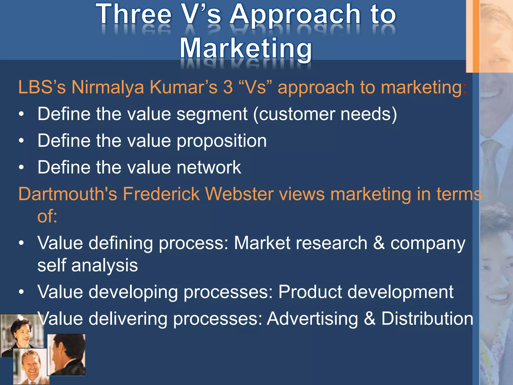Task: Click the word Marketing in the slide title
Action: [246, 48]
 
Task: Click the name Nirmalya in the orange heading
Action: [108, 87]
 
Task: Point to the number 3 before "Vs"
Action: [228, 87]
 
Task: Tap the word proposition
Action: [222, 141]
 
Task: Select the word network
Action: [209, 167]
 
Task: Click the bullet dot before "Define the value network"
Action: [22, 167]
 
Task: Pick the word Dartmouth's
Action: [68, 194]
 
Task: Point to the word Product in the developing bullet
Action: [310, 292]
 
